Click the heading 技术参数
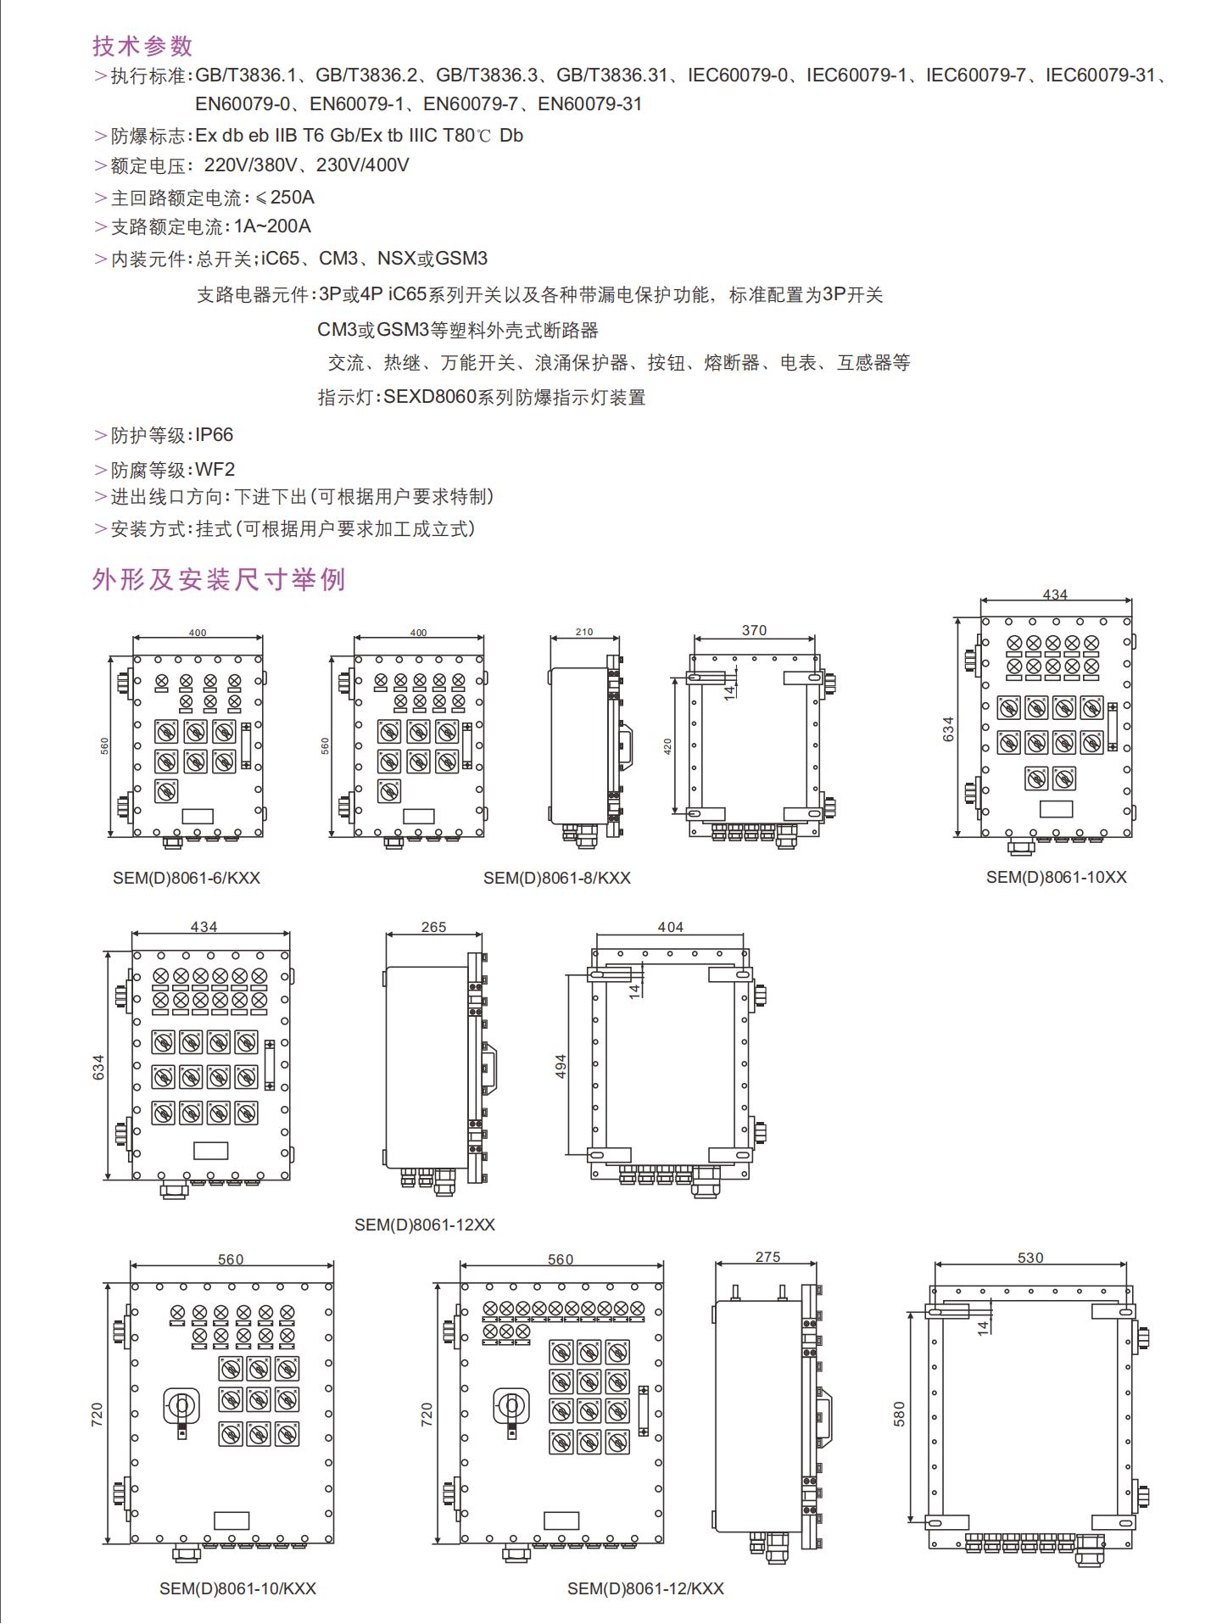tap(142, 46)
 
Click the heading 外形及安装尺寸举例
tap(219, 580)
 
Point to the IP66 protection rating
tap(214, 435)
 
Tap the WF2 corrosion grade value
tap(215, 469)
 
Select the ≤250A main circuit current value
tap(285, 198)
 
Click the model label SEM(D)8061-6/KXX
tap(187, 879)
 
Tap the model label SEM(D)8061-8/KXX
tap(557, 879)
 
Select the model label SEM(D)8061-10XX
tap(1056, 878)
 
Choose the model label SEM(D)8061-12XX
tap(424, 1225)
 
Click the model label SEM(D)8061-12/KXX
tap(645, 1588)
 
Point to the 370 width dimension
tap(754, 630)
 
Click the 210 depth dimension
tap(584, 632)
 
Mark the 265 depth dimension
tap(433, 927)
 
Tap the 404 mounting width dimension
tap(670, 927)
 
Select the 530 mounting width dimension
tap(1030, 1258)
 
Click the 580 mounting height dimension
tap(900, 1414)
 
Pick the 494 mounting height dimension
tap(561, 1067)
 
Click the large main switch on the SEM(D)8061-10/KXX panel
tap(181, 1407)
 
